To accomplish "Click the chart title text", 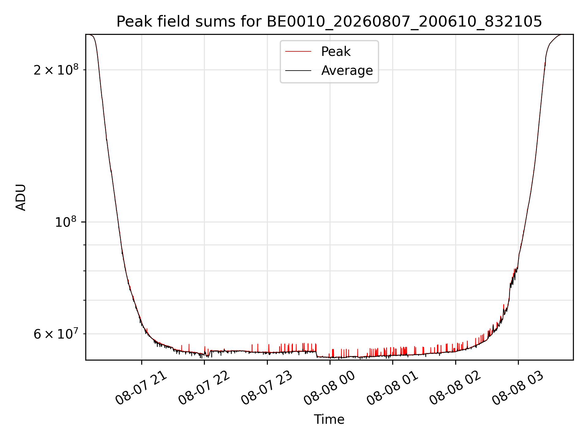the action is [329, 22].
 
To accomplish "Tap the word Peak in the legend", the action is [336, 52].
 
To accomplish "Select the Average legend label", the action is [347, 71].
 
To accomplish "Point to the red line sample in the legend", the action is [298, 52].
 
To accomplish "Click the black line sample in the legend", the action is [298, 71].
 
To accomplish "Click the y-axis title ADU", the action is [21, 197].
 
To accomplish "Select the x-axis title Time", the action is [329, 420].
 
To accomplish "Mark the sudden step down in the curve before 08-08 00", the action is [317, 354].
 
